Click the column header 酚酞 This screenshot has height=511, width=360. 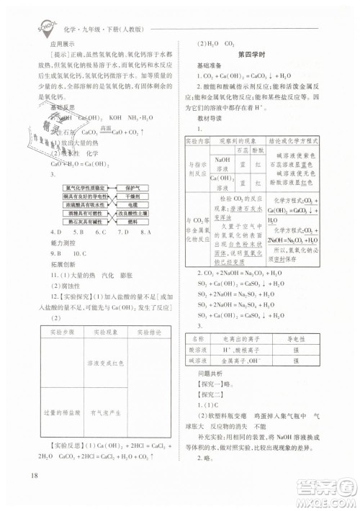(256, 151)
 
